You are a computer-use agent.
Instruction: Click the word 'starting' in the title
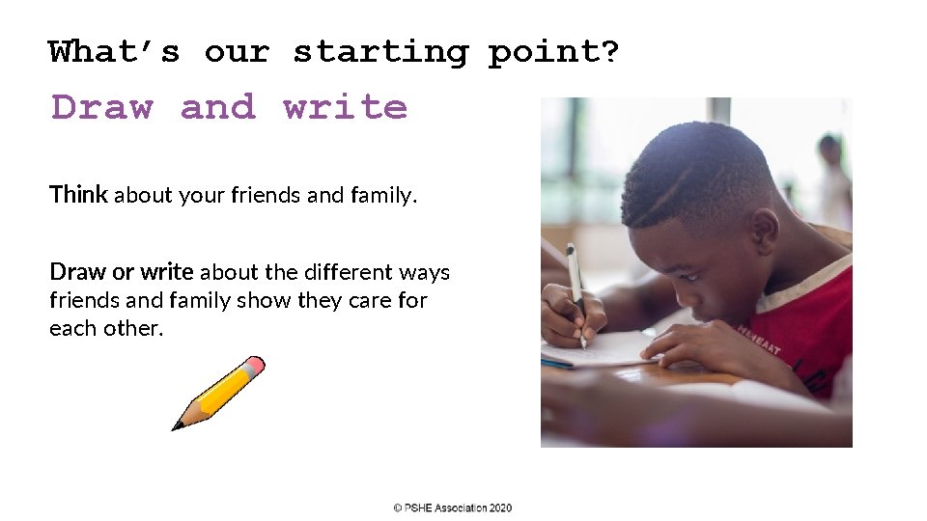[380, 52]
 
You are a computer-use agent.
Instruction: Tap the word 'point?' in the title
[553, 52]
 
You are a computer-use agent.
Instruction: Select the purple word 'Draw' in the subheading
[102, 107]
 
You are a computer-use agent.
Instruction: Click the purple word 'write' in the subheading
[345, 107]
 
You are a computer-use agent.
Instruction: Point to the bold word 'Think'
[78, 195]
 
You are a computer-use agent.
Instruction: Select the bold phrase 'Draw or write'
[122, 272]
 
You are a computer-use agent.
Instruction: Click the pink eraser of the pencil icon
[254, 366]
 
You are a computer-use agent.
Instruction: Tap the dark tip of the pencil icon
[179, 425]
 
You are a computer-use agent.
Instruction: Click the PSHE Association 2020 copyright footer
[453, 507]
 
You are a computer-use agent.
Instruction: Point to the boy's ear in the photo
[764, 232]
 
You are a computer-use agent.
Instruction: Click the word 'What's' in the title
[114, 52]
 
